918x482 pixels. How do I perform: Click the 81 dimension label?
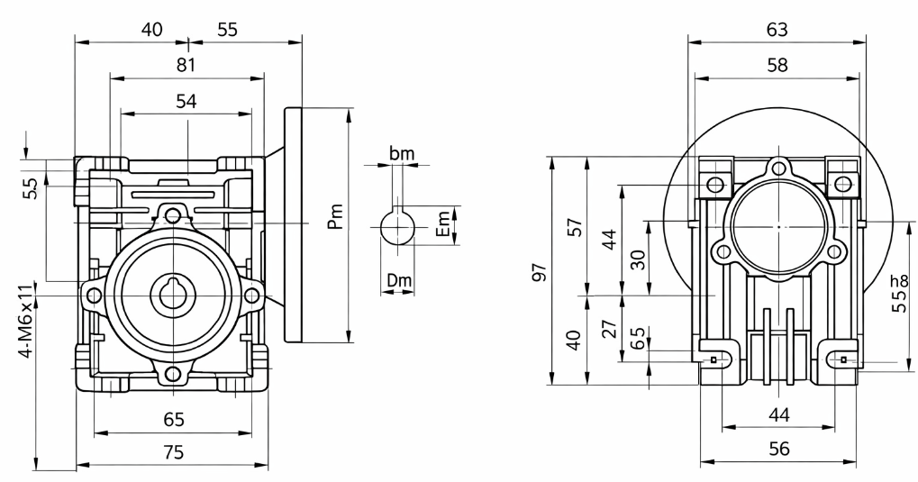click(186, 65)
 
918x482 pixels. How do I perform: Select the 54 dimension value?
click(186, 101)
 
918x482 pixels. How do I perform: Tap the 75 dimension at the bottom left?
click(174, 452)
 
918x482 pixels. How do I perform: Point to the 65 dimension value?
click(174, 419)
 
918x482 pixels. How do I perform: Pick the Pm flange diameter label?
click(335, 217)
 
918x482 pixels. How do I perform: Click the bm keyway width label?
click(402, 153)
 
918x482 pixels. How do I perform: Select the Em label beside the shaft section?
click(445, 223)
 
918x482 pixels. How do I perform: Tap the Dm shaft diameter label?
click(399, 280)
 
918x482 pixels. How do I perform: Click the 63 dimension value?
click(777, 30)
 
